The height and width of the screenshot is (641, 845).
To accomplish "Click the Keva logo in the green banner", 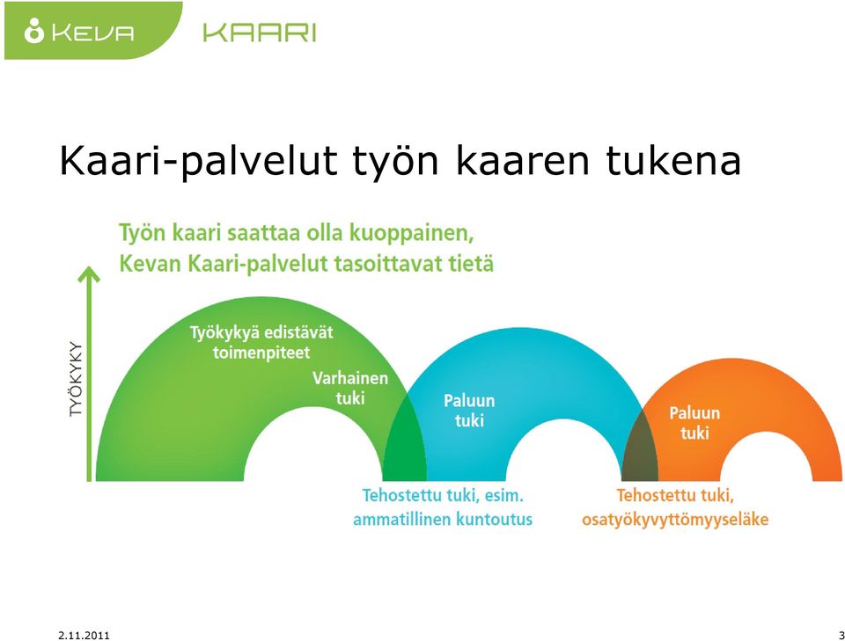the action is tap(78, 32).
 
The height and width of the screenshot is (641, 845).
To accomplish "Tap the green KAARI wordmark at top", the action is tap(259, 33).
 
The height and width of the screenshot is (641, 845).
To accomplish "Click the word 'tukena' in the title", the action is tap(673, 160).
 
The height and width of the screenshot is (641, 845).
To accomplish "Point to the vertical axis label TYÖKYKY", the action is tap(77, 378).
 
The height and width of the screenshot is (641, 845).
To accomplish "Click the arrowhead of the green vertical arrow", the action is tap(89, 274).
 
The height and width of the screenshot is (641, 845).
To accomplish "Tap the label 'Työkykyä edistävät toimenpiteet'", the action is tap(261, 342).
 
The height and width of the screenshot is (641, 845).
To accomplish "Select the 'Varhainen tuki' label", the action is tap(350, 388).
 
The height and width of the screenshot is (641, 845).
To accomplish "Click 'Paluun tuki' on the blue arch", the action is tap(469, 411).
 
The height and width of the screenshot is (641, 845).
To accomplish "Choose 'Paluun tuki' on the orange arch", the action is tap(694, 423).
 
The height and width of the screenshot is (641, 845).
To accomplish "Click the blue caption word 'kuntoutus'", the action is tap(494, 520).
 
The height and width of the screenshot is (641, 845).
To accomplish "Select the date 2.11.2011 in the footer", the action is tap(84, 635).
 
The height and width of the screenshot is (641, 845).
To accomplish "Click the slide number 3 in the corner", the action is tap(841, 635).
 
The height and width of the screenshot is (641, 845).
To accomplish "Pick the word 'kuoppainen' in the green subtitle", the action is tap(412, 234).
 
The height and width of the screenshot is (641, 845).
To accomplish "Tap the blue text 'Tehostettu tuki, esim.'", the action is tap(443, 495).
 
